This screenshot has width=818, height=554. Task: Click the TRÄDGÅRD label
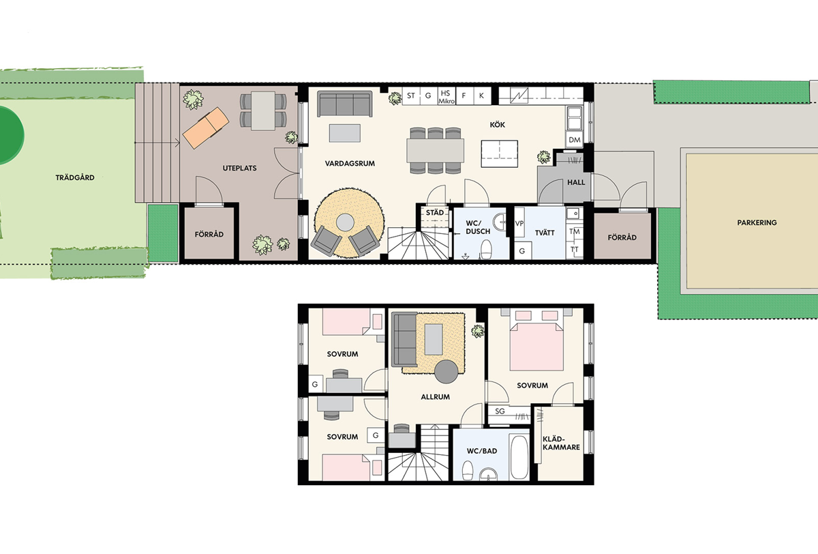point(75,177)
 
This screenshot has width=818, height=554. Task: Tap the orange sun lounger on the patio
point(206,128)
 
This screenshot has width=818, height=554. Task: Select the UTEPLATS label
point(239,168)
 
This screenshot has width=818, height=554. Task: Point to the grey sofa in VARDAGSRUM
point(344,104)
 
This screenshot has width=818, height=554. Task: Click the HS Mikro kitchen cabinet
point(446,96)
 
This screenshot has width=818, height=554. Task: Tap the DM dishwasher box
point(575,139)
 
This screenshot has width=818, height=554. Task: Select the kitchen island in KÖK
point(499,154)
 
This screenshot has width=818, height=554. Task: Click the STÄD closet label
point(435,213)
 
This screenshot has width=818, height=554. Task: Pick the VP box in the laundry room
point(519,222)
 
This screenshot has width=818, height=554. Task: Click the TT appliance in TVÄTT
point(575,250)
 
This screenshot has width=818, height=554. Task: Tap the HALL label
point(576,182)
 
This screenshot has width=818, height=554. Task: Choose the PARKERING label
point(757,222)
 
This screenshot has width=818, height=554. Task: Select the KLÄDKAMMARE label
point(561,443)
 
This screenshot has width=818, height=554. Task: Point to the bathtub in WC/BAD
point(519,457)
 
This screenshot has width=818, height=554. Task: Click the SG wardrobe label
point(500,411)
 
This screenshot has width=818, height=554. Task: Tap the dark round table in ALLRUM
point(446,371)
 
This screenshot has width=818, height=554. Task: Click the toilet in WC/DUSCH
point(487,249)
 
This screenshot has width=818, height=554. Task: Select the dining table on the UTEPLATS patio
point(263,111)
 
